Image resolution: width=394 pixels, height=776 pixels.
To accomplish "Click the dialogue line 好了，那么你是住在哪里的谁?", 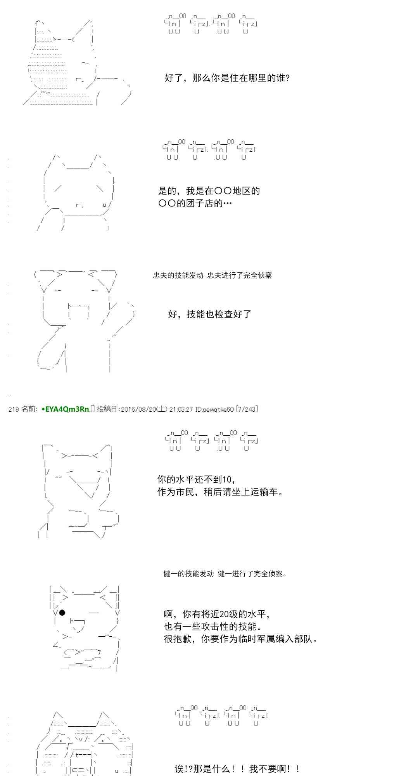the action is [x=227, y=78].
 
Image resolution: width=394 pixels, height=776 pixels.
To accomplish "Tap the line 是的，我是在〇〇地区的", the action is [x=209, y=191].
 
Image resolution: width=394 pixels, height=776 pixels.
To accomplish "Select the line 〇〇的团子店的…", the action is [x=195, y=203].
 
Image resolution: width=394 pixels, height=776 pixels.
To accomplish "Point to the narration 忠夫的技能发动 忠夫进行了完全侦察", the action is [x=213, y=275].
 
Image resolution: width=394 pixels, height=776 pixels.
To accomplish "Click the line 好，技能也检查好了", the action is [x=210, y=314].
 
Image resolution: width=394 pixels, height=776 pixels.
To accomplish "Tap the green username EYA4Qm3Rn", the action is [x=67, y=409].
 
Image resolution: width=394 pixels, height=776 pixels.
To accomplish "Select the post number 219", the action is [x=14, y=409].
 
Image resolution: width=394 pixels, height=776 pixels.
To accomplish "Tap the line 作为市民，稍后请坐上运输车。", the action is [x=220, y=492].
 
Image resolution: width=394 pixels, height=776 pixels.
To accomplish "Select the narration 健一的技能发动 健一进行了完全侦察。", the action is [x=225, y=574].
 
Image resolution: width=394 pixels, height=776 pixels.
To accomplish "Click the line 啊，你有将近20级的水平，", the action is [x=217, y=614].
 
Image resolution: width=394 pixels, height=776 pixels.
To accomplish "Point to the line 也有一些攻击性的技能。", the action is [x=213, y=627].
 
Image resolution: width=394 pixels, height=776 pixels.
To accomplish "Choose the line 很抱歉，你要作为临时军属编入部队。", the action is [x=241, y=639].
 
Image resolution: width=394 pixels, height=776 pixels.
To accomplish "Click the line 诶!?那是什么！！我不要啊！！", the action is [x=237, y=769].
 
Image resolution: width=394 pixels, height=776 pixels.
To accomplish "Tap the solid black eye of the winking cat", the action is [x=62, y=613].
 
